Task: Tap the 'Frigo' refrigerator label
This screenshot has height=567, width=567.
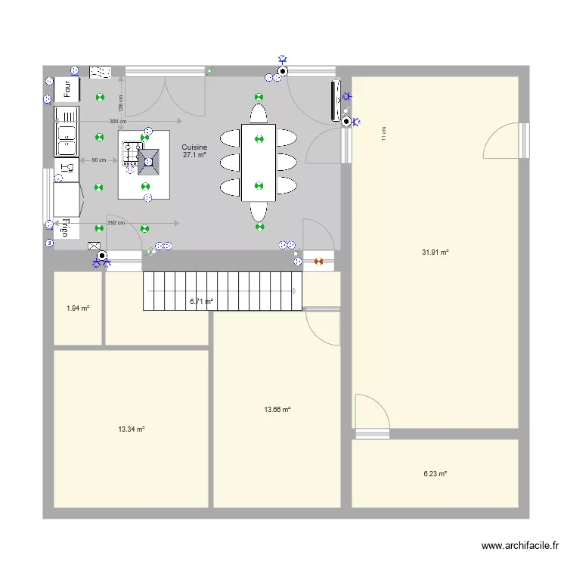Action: pos(66,227)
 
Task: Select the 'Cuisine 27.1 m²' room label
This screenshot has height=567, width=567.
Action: pos(194,151)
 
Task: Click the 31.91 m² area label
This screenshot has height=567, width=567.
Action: pos(435,252)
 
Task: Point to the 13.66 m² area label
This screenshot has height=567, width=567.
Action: pos(277,410)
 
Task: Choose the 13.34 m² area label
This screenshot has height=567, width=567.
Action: pos(131,429)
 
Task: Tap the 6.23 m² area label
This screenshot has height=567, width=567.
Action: pos(435,474)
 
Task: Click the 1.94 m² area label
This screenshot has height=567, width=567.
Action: pos(78,308)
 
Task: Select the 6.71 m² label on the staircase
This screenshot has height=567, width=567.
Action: pos(201,301)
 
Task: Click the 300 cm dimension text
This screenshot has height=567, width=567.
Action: pos(117,121)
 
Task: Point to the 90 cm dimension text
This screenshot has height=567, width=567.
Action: pos(98,160)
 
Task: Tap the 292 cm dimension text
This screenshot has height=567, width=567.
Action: pos(116,223)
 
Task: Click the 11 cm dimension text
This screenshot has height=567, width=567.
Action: pos(384,134)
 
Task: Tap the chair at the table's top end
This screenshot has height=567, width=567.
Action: pos(259,113)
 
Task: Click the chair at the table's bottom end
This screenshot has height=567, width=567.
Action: pos(259,211)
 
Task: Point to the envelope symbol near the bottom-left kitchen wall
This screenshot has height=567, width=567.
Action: pos(94,246)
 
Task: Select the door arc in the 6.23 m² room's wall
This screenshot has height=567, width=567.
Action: pos(372,412)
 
